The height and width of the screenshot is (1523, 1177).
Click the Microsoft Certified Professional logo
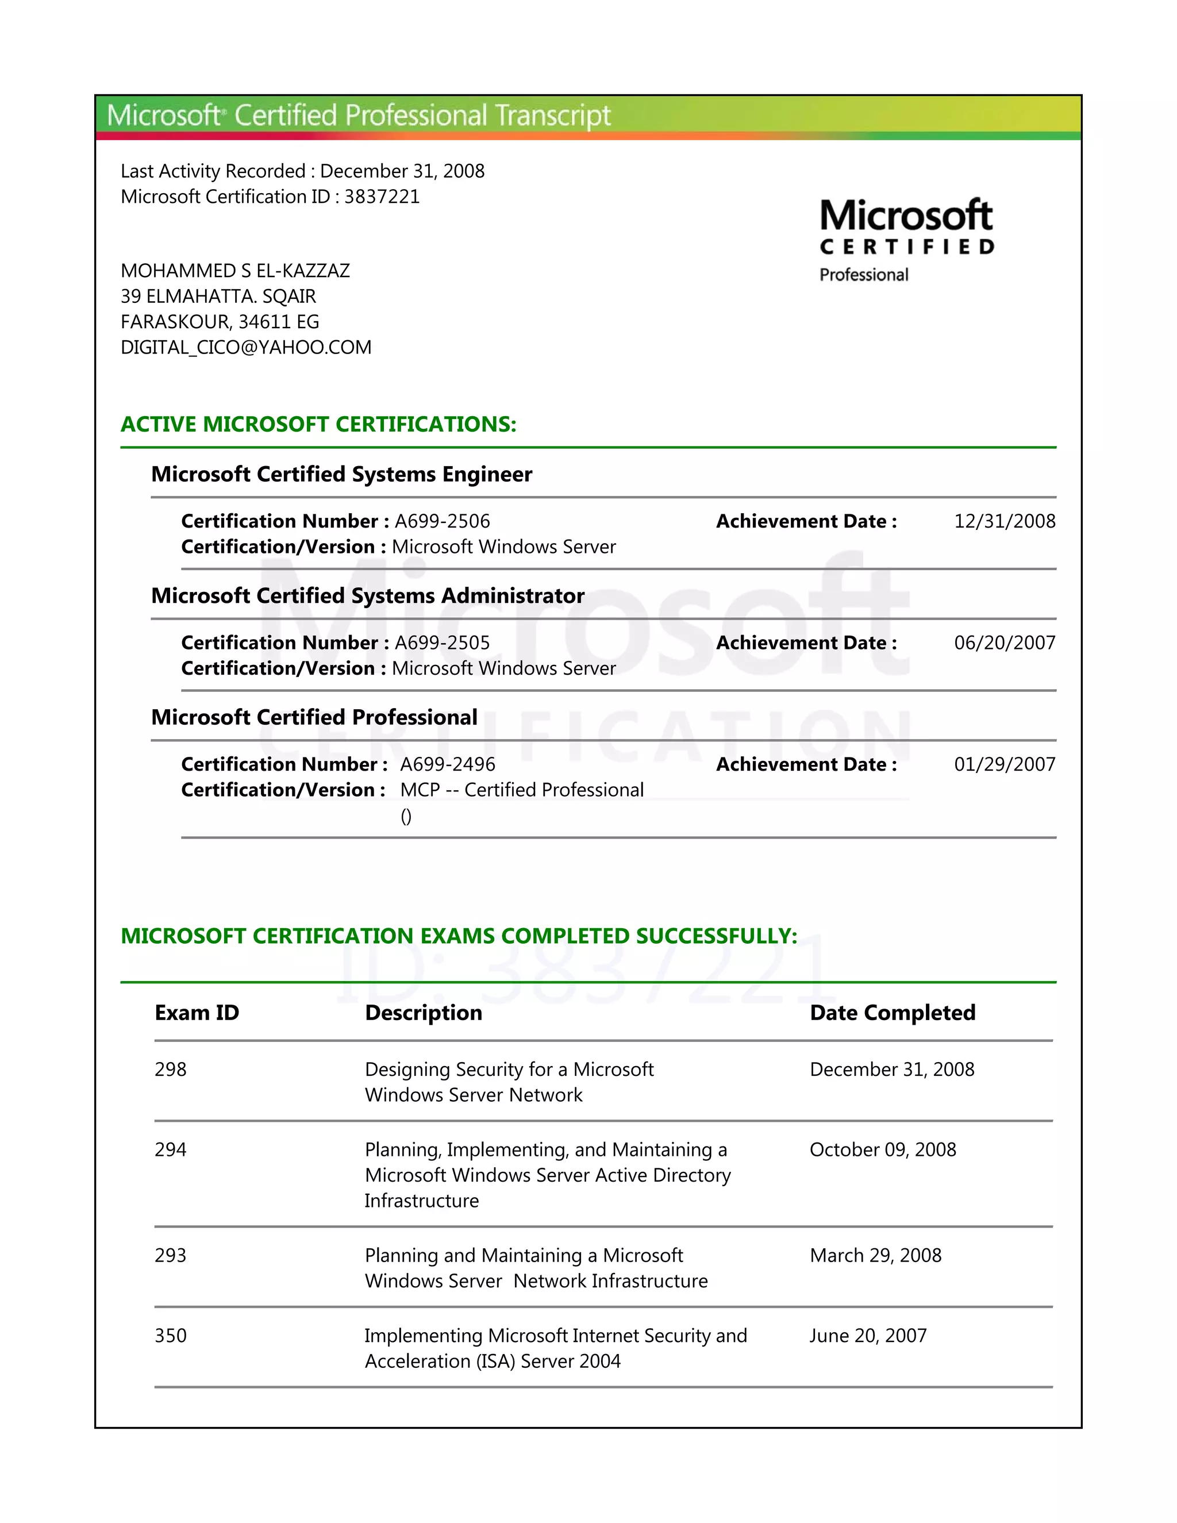click(906, 239)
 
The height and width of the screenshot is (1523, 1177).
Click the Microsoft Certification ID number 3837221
click(382, 197)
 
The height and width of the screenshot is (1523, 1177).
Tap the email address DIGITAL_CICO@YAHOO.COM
click(246, 347)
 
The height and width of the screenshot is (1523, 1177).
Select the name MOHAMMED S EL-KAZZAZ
click(235, 271)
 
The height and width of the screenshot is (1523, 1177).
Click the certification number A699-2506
click(442, 521)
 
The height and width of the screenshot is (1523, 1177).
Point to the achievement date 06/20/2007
click(1004, 643)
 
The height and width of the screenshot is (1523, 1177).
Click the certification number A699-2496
click(448, 764)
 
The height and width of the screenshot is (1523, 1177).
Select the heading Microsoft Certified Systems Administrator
click(367, 595)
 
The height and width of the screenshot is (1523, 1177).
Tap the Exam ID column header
click(197, 1013)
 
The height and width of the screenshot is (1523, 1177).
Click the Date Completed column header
click(892, 1013)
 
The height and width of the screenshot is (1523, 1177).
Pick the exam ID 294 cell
click(171, 1149)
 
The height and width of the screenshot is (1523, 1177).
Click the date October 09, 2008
click(882, 1149)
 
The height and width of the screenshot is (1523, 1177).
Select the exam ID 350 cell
click(171, 1336)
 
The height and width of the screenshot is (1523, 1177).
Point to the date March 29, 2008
click(875, 1255)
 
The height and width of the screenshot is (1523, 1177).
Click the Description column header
click(423, 1013)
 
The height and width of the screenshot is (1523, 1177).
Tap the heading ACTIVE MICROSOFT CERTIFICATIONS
click(318, 424)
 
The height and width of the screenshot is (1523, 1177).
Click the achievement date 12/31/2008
click(1004, 521)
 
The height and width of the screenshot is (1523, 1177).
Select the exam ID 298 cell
click(171, 1069)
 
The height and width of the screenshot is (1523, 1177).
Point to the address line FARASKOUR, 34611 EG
click(220, 321)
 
